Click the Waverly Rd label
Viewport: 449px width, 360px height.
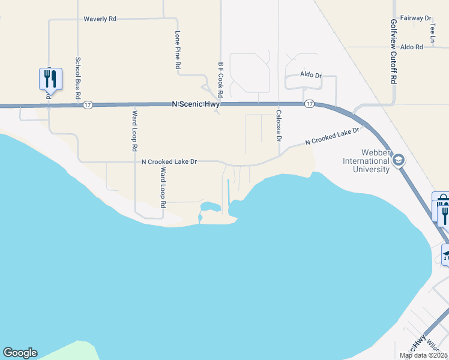pos(100,19)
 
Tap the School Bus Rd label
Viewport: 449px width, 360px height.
pos(77,78)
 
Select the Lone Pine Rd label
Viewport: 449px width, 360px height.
pos(178,51)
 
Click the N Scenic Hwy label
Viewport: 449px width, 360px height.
pos(196,104)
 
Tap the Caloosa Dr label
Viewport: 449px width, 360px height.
pos(279,125)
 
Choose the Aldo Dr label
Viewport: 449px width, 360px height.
pos(312,76)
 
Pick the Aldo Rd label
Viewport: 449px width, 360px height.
pos(411,47)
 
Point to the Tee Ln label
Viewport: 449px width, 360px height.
pos(432,35)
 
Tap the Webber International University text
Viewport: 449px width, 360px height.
pos(366,161)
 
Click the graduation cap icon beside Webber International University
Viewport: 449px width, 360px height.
pos(399,160)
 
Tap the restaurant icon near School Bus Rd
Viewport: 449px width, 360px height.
pos(50,79)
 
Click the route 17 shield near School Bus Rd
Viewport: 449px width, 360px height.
pos(88,104)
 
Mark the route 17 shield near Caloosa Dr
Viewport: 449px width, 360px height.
pos(309,104)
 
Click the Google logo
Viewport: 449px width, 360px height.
pos(20,353)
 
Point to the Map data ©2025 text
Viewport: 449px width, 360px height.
pos(423,355)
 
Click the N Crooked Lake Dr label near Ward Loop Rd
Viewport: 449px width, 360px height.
pos(169,161)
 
